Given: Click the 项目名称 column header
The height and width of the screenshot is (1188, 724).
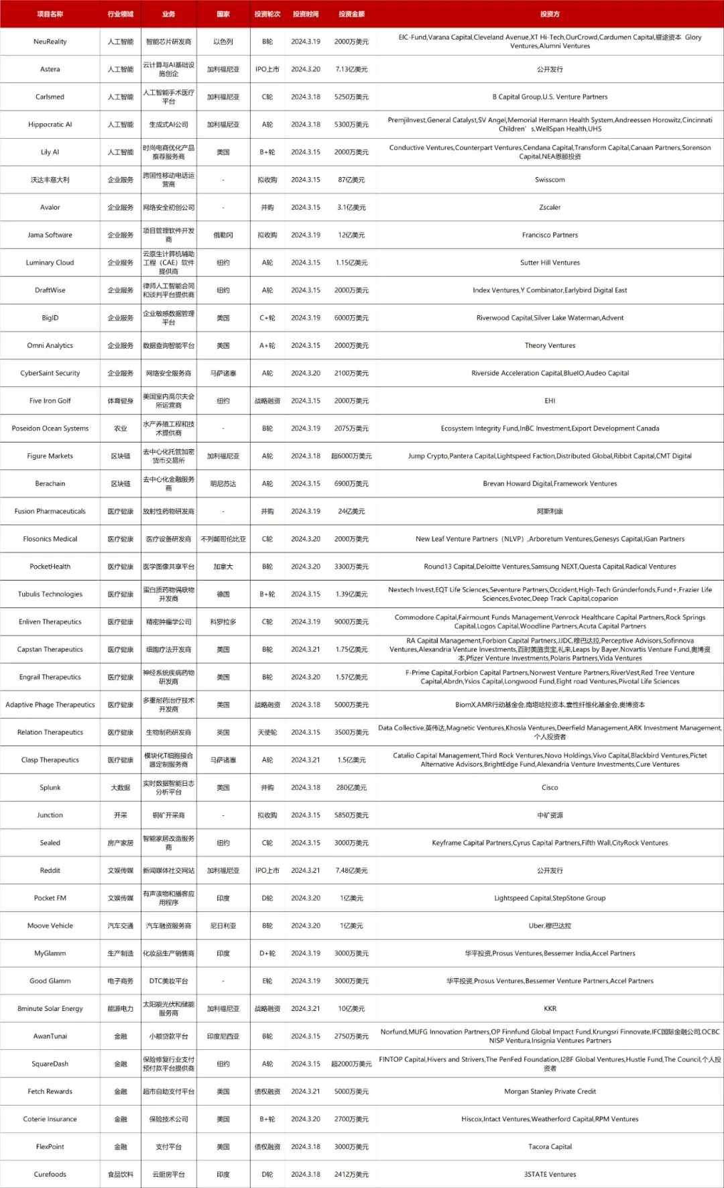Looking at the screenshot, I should point(50,14).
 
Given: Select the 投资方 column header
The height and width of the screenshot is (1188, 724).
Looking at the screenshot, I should point(550,14).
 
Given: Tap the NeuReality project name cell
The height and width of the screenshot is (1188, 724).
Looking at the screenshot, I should point(50,42).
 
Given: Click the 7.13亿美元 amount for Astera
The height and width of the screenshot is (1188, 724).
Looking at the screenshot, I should point(351,69).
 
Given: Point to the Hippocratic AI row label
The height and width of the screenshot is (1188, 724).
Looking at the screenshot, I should point(50,125).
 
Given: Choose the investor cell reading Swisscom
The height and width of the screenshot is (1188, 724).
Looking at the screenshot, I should point(550,180).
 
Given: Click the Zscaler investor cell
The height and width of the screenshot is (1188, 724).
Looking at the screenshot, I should point(550,207).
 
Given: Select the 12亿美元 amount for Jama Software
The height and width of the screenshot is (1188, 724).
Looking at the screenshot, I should point(351,235).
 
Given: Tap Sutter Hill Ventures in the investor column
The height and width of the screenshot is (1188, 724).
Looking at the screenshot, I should point(550,263).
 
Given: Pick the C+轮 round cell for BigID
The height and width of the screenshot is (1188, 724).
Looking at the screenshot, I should point(267,318).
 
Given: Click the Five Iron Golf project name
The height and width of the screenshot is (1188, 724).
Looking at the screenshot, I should point(50,401).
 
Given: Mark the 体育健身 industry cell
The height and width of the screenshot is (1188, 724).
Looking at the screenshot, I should point(121,401).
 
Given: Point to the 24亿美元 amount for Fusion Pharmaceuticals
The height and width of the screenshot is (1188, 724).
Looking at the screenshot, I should point(351,512).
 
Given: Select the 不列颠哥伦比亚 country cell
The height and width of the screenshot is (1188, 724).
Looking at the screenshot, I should point(223,539).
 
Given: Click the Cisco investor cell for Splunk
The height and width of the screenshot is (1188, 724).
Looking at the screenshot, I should point(550,788).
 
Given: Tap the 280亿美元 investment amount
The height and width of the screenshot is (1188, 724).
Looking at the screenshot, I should point(351,788).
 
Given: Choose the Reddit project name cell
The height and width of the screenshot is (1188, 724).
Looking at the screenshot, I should point(50,870).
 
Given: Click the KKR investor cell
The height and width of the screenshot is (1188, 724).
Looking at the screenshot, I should point(550,1008).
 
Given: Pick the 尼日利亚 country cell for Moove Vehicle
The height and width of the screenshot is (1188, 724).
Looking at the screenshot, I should point(223,926).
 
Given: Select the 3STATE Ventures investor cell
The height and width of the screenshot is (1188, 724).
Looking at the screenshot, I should point(550,1174).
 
